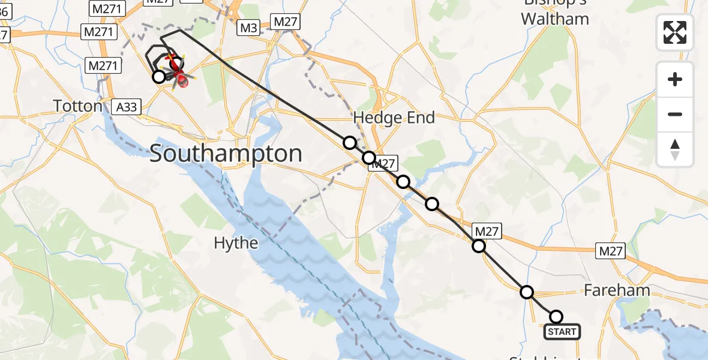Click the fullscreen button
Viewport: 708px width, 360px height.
[x=675, y=32]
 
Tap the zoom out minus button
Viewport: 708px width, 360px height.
[x=675, y=114]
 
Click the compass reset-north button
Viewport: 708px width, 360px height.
[x=675, y=149]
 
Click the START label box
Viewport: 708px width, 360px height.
[x=562, y=331]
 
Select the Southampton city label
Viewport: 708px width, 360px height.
[x=226, y=154]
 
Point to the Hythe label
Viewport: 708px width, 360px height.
[x=236, y=243]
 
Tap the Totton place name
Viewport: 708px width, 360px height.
[x=78, y=107]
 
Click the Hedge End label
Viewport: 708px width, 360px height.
[x=394, y=118]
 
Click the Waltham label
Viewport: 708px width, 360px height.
[x=554, y=19]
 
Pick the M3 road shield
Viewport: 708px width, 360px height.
[x=249, y=28]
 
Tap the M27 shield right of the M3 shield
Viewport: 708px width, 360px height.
[x=286, y=22]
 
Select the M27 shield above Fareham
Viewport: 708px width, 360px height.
[x=610, y=251]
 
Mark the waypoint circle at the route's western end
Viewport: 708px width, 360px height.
[x=158, y=77]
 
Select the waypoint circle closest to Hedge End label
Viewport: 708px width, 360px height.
[x=349, y=142]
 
